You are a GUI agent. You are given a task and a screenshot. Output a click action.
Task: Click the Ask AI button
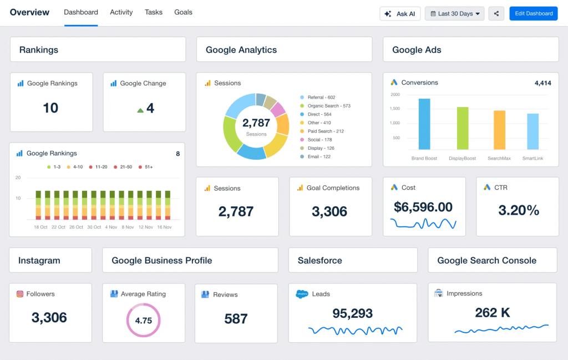(x=399, y=14)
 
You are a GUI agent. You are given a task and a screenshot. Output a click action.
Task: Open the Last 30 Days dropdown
(x=454, y=14)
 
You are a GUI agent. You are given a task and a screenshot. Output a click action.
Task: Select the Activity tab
(x=121, y=12)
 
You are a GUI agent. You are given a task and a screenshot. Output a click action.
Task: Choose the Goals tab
(x=183, y=12)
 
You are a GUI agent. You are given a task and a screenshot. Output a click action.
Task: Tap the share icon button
(x=496, y=14)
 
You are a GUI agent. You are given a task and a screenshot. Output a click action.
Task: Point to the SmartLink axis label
(x=532, y=159)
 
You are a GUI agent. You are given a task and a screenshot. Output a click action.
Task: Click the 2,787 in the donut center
(x=256, y=123)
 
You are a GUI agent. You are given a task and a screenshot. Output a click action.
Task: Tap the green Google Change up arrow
(x=140, y=110)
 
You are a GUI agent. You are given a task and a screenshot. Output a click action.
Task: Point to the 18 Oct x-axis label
(x=41, y=227)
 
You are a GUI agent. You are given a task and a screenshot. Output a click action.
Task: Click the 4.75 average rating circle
(x=143, y=320)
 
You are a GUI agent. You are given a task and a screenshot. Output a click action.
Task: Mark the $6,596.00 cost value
(x=423, y=207)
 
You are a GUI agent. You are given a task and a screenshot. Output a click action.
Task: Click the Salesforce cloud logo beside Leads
(x=302, y=294)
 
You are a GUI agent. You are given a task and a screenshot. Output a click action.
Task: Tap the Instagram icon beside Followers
(x=20, y=294)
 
